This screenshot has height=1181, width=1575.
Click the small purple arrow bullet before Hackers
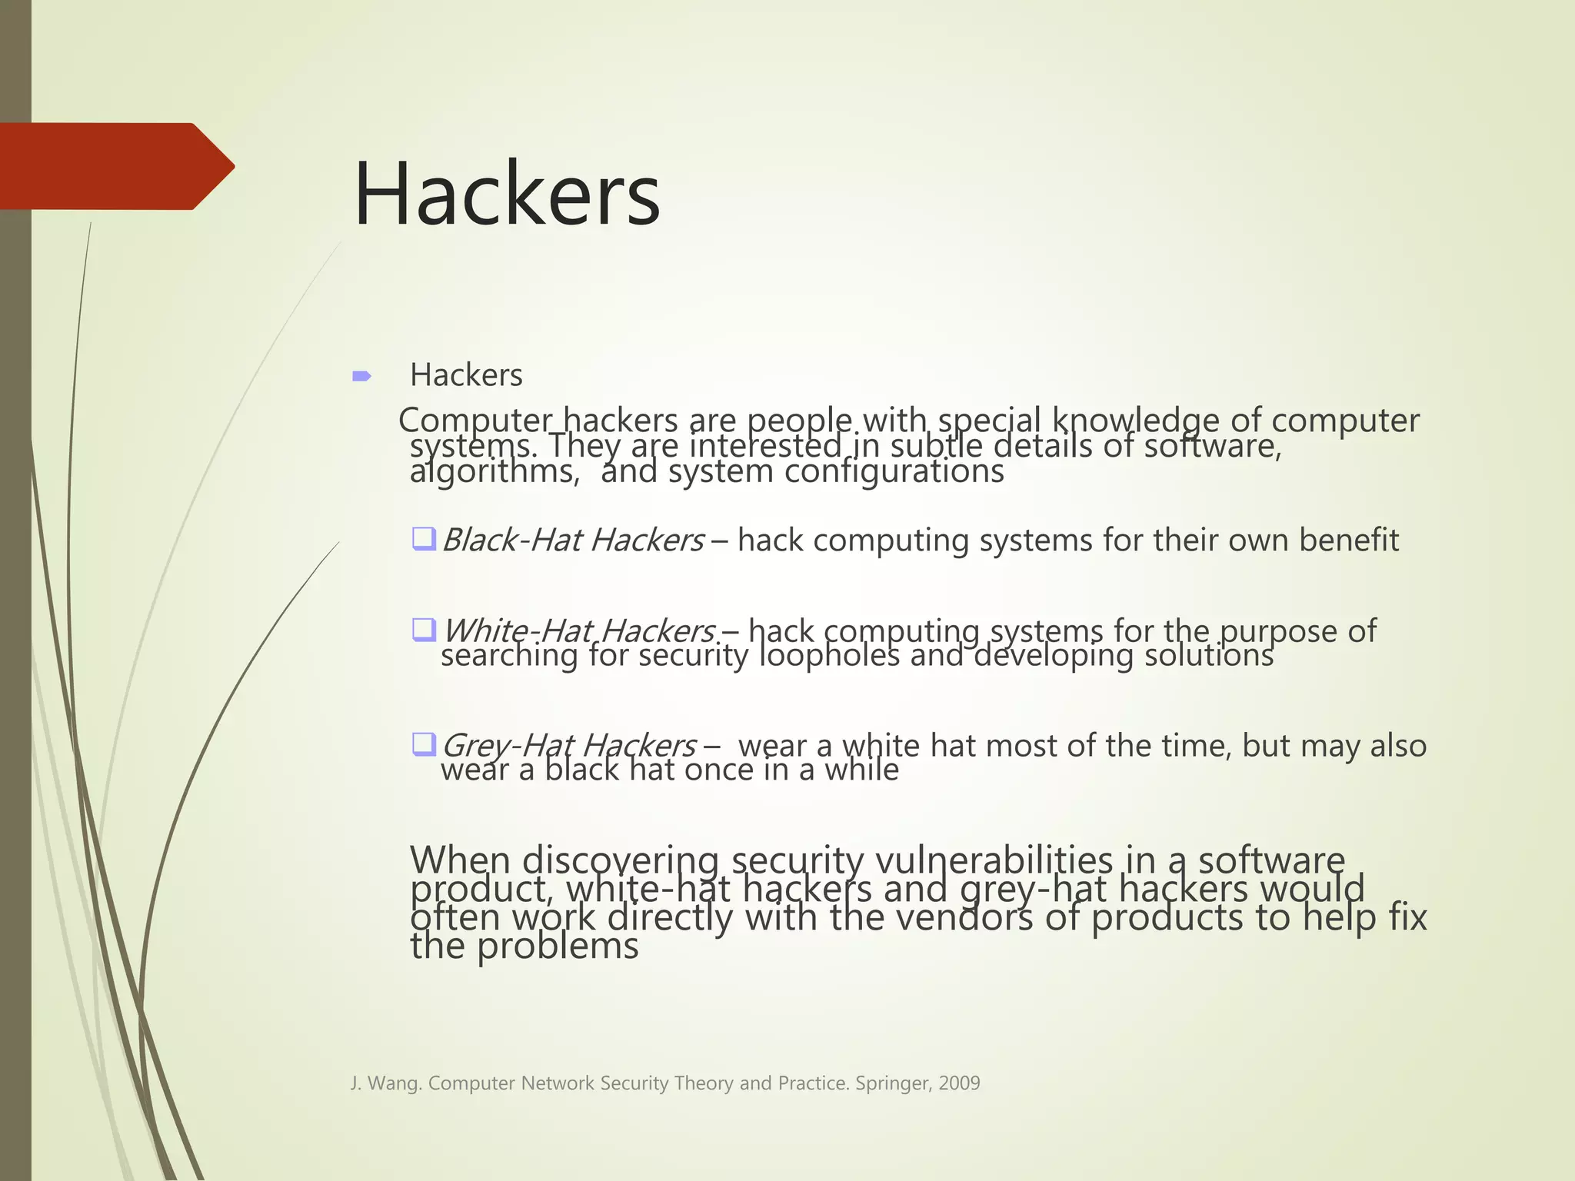pos(361,376)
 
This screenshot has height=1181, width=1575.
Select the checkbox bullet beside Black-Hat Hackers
pos(424,538)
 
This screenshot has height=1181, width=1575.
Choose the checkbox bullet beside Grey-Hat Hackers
pos(424,744)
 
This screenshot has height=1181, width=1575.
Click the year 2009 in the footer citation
pos(959,1083)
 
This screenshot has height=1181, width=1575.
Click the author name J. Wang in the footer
pos(386,1083)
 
